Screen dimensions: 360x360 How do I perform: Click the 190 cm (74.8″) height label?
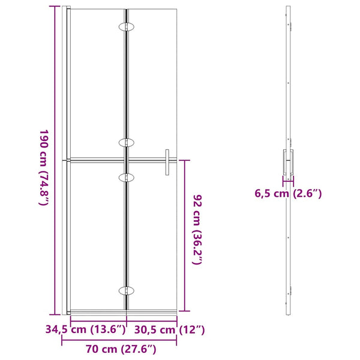(x=44, y=167)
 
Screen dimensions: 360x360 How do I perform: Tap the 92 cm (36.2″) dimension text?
(x=197, y=230)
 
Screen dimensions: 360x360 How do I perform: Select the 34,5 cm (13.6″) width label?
(x=86, y=329)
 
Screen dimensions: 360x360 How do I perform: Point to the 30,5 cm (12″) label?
(x=169, y=329)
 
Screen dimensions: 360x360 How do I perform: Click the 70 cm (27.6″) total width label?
(x=121, y=349)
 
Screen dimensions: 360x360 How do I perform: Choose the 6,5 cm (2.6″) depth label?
(x=288, y=194)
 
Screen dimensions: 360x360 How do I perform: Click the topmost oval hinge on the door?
(x=126, y=26)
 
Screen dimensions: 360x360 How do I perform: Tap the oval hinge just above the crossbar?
(x=126, y=143)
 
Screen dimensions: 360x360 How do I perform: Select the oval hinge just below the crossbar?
(x=126, y=178)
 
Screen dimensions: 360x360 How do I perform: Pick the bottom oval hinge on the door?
(x=126, y=290)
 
